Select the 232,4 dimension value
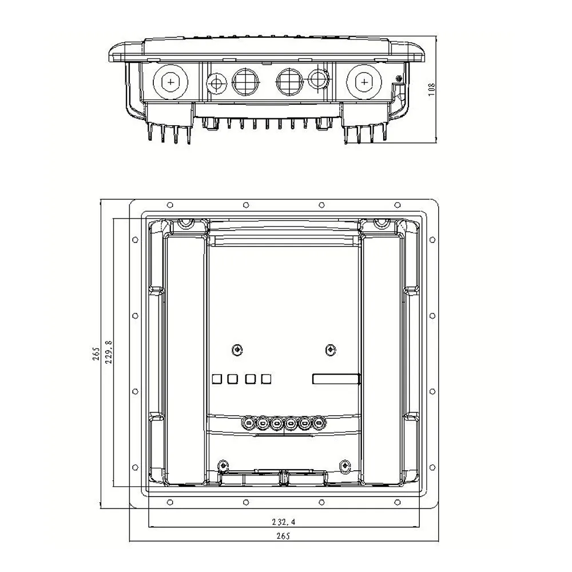285,522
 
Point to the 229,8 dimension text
108,352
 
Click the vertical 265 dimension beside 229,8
97,355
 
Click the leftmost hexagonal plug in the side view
170,82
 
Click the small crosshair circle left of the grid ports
216,82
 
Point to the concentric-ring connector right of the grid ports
318,78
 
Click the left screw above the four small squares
237,349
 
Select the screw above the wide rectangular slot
330,349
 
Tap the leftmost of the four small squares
217,378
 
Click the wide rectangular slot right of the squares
336,379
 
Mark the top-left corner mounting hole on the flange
169,205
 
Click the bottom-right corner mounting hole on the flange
398,502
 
